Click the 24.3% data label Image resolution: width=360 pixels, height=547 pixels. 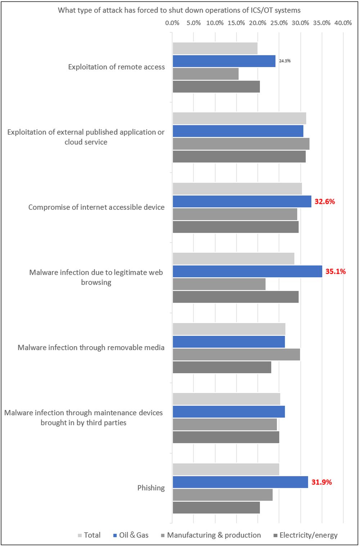pyautogui.click(x=285, y=61)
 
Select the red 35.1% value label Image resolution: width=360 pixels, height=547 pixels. pyautogui.click(x=336, y=271)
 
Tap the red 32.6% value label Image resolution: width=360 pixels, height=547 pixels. pyautogui.click(x=325, y=202)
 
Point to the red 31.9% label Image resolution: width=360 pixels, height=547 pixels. pyautogui.click(x=321, y=482)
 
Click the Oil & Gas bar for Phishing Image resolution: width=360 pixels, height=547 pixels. pyautogui.click(x=240, y=482)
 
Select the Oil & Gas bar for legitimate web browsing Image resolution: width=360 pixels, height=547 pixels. pyautogui.click(x=247, y=271)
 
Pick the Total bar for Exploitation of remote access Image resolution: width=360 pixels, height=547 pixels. pyautogui.click(x=215, y=48)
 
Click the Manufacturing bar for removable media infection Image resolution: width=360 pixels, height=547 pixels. pyautogui.click(x=236, y=354)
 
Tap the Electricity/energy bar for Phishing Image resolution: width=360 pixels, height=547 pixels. pyautogui.click(x=216, y=507)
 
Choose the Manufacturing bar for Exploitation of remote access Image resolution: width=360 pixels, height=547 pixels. pyautogui.click(x=206, y=74)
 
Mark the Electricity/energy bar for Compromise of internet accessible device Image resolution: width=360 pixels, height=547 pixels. pyautogui.click(x=235, y=227)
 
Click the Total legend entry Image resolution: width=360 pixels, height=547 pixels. pyautogui.click(x=89, y=535)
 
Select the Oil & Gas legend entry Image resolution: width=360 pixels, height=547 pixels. pyautogui.click(x=131, y=535)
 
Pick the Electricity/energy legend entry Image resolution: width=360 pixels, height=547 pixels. pyautogui.click(x=306, y=535)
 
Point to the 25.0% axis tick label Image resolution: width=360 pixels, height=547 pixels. pyautogui.click(x=279, y=23)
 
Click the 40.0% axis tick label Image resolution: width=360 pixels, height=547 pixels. pyautogui.click(x=343, y=23)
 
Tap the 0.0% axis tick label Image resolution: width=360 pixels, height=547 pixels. pyautogui.click(x=172, y=23)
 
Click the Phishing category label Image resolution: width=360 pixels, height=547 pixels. pyautogui.click(x=151, y=488)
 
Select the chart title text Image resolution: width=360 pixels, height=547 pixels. pyautogui.click(x=179, y=10)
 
